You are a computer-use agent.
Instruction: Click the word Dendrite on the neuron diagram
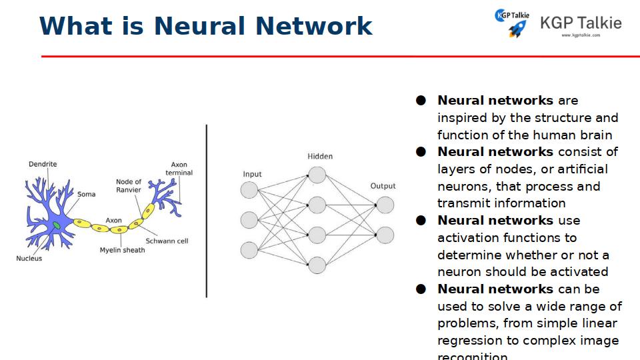(43, 164)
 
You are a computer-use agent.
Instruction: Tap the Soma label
(86, 195)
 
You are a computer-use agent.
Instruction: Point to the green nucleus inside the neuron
(57, 226)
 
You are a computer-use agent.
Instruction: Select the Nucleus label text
(29, 259)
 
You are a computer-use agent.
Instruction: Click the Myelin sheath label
(122, 250)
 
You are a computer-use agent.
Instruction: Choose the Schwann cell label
(167, 241)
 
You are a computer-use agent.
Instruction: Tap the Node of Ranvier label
(129, 185)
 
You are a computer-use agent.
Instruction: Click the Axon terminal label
(179, 169)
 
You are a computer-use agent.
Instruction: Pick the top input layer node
(249, 190)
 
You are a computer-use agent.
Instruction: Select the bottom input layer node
(249, 250)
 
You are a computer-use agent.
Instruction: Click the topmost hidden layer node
(317, 175)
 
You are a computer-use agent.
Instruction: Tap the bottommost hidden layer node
(317, 265)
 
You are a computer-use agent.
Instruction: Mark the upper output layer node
(385, 205)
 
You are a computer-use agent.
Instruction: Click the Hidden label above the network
(320, 157)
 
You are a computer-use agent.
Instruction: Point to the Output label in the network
(383, 186)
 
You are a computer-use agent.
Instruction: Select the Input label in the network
(252, 175)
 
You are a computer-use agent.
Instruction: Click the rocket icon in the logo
(517, 29)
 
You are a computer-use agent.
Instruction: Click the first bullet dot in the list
(421, 101)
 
